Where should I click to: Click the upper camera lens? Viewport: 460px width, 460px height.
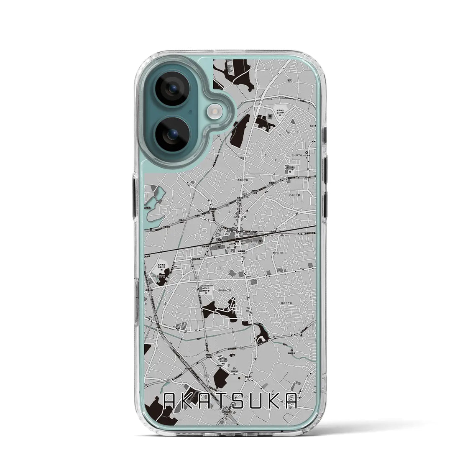(172, 89)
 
